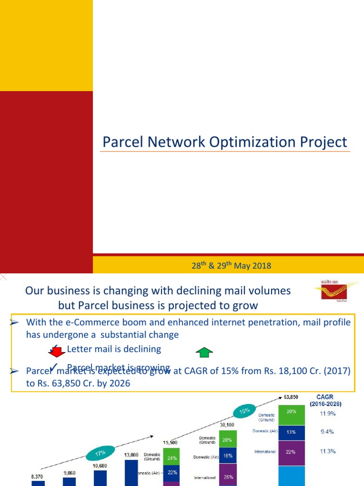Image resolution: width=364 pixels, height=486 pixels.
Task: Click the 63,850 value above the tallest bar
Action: click(291, 396)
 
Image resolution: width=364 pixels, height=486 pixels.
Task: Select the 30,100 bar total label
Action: click(227, 425)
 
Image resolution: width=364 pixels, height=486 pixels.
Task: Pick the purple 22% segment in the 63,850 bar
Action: click(291, 452)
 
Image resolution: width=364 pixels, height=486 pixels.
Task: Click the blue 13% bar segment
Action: click(291, 432)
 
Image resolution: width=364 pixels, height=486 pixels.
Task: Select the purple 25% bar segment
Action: click(227, 477)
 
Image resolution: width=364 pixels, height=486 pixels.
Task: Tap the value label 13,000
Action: click(131, 455)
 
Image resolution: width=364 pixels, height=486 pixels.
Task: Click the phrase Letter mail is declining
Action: click(114, 349)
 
